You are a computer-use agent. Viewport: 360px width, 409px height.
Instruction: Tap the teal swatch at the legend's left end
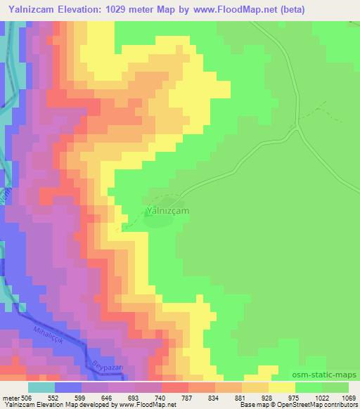[41, 387]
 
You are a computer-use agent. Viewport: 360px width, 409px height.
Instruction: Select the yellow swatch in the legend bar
[282, 387]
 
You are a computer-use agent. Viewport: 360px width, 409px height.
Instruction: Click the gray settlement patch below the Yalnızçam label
[159, 221]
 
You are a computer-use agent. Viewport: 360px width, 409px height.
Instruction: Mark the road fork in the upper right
[297, 127]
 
